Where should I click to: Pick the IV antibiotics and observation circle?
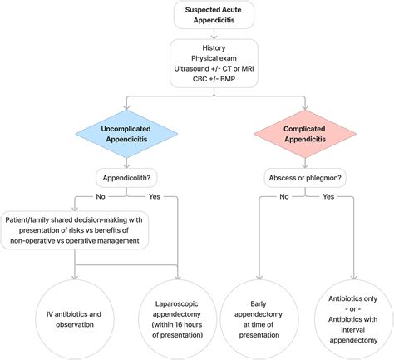[x=76, y=318]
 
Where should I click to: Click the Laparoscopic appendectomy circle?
[x=179, y=318]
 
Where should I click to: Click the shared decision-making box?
[x=76, y=227]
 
